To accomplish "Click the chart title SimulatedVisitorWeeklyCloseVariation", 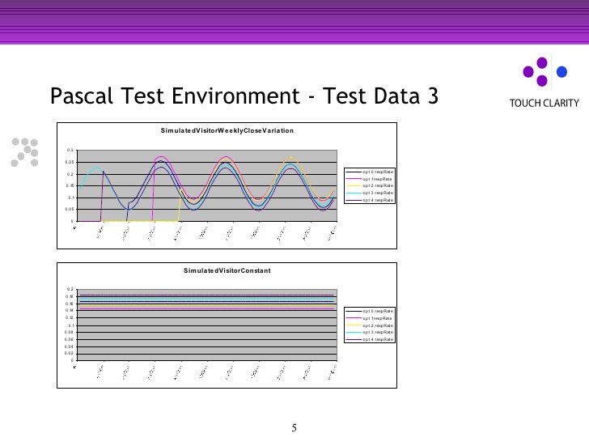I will coord(226,130).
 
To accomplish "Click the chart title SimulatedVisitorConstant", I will coord(227,270).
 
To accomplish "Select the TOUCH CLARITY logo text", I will coord(544,103).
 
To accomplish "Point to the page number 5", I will coord(294,427).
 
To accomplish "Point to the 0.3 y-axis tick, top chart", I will coord(70,151).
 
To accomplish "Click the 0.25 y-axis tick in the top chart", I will coord(70,163).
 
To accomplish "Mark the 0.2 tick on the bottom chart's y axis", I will coord(70,289).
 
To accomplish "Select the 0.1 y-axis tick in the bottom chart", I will coord(70,325).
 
